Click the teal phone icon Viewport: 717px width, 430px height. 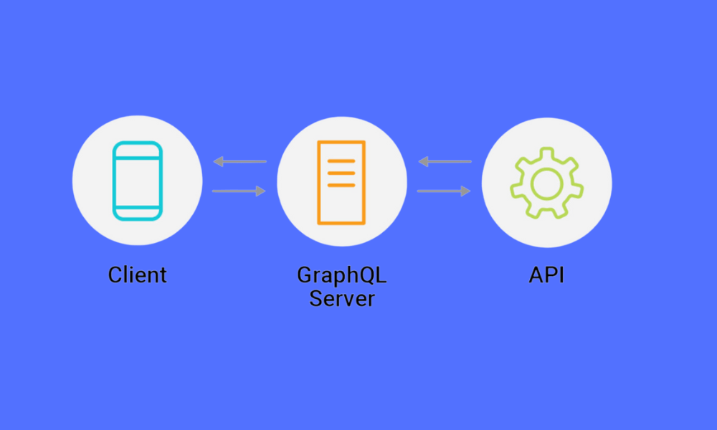137,181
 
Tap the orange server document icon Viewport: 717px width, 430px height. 341,182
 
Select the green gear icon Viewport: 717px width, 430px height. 546,183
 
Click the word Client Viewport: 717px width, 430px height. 137,274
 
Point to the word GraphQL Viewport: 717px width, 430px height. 341,275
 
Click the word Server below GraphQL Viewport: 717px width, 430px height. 341,297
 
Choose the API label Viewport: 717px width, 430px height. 546,274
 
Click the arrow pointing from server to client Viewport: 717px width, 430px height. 239,162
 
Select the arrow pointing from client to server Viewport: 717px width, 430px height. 239,191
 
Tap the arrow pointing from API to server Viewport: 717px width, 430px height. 445,162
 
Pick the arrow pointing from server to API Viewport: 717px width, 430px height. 445,191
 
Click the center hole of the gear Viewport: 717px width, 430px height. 546,183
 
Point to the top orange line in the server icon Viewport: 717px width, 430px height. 341,161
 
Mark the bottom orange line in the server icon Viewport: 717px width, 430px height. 341,185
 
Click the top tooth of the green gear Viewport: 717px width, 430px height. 546,152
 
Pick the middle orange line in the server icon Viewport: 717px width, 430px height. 341,173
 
